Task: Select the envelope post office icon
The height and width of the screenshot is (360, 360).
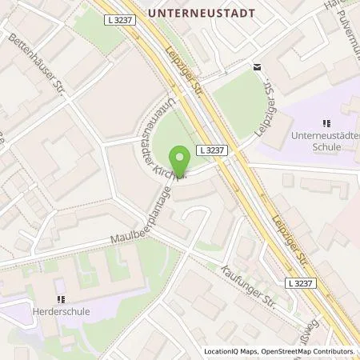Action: point(257,66)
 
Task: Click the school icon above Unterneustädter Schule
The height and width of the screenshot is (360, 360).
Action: point(326,123)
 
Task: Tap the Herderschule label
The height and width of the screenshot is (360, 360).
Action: point(62,311)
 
